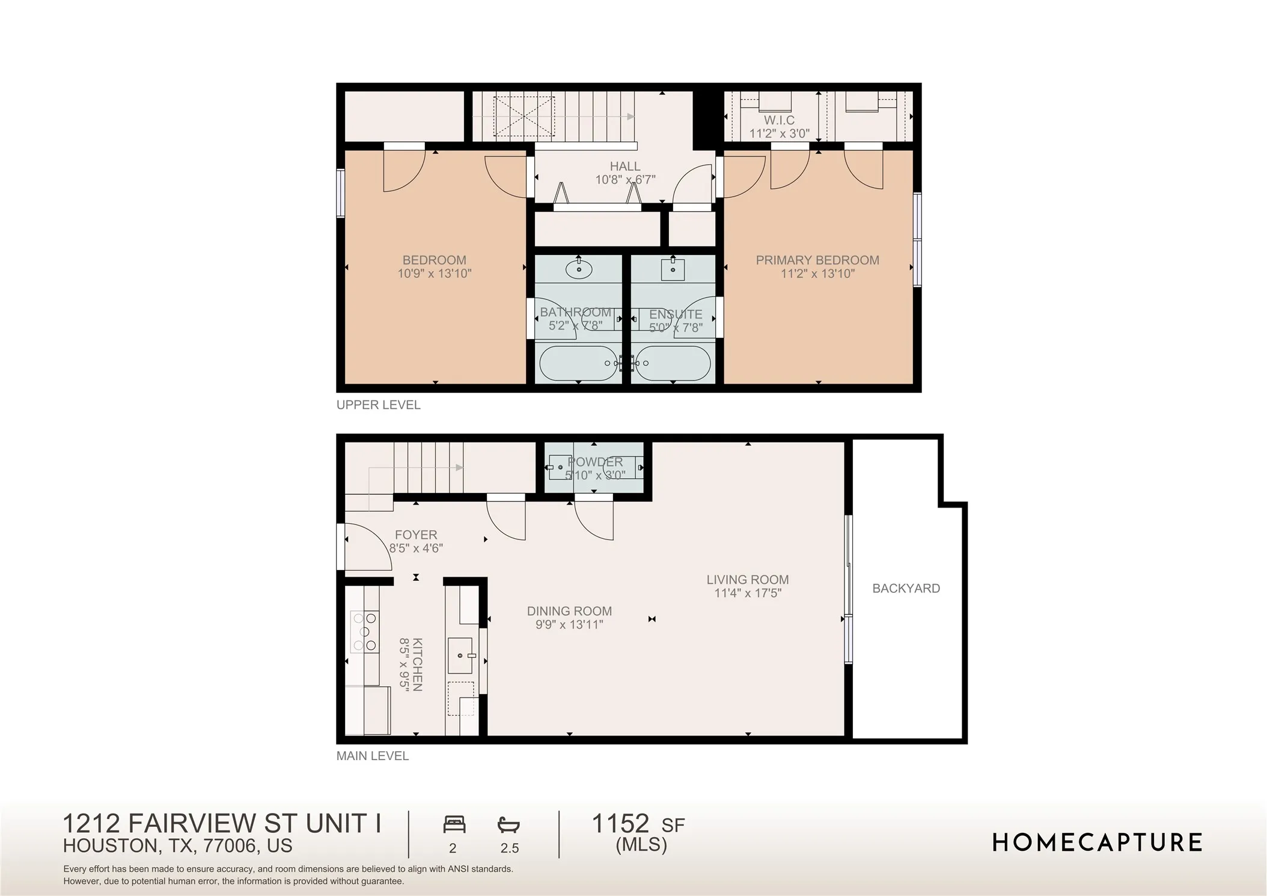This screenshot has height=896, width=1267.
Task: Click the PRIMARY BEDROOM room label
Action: [817, 260]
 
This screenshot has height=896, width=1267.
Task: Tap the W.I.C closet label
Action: [779, 120]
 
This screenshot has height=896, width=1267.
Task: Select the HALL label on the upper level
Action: [625, 166]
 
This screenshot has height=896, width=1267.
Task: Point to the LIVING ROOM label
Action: [748, 580]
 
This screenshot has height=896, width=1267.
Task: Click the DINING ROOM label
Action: [569, 611]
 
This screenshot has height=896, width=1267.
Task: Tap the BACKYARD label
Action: [906, 589]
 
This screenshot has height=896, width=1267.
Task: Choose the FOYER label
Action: [416, 535]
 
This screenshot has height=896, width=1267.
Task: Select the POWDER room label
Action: [595, 462]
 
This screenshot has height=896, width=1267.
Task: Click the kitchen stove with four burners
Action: [364, 631]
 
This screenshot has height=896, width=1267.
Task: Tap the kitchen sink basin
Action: [461, 655]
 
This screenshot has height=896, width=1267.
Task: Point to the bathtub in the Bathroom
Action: [578, 363]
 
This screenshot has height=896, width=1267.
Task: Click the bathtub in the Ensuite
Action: [673, 363]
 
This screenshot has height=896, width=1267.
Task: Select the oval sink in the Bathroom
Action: [579, 269]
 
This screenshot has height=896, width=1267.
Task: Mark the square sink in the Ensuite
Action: [673, 269]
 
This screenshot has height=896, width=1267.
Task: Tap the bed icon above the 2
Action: [454, 824]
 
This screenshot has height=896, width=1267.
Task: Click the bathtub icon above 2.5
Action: [509, 824]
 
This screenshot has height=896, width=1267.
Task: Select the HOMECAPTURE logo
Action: [1097, 842]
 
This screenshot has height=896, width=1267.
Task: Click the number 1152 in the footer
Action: [620, 823]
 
